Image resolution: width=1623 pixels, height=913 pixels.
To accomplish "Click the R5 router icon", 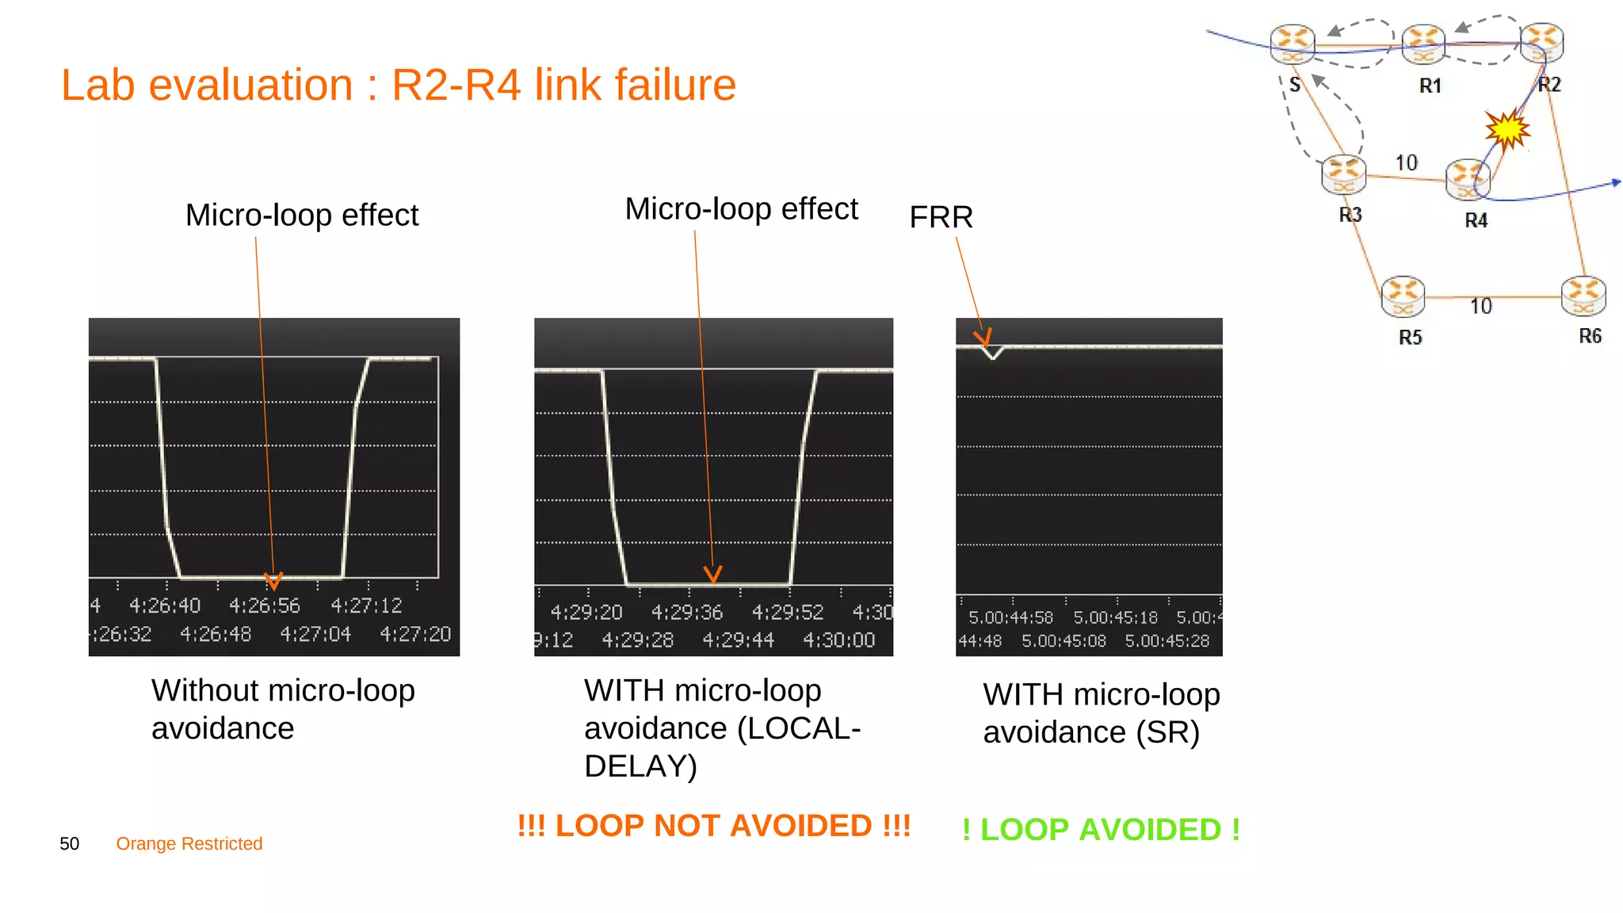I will pos(1402,296).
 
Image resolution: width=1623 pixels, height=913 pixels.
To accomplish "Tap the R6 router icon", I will pos(1583,296).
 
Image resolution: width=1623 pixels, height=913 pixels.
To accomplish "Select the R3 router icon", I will pos(1343,174).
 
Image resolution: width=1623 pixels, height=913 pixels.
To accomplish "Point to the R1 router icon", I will pos(1423,44).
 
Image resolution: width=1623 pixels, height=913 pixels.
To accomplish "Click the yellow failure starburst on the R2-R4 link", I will pos(1507,129).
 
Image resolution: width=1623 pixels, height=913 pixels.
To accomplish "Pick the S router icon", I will pos(1292,44).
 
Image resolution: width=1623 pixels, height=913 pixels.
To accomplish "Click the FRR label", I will pos(941,217).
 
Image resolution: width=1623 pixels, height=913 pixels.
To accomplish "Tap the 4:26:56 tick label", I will pos(265,606).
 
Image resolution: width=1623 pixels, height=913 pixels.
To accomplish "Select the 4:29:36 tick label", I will pos(687,613).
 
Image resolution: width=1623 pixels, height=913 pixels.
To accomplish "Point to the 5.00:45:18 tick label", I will pos(1115,617).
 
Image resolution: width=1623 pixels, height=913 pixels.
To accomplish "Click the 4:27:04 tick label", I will pos(315,634).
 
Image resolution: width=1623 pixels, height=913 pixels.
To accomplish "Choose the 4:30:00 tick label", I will pos(838,640).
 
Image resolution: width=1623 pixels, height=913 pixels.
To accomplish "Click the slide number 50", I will pos(70,844).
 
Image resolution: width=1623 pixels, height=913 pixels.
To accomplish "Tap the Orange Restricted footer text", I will pos(189,844).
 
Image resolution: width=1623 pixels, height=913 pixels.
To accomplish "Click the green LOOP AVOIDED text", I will pos(1101,830).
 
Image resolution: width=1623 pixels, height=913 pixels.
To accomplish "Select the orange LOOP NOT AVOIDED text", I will pos(714,826).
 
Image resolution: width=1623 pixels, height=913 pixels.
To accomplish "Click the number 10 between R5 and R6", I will pos(1480,307).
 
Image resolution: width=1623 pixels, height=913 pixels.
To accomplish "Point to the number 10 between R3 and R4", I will pos(1406,163).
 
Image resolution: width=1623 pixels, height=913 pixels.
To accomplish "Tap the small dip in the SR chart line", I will pos(992,353).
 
